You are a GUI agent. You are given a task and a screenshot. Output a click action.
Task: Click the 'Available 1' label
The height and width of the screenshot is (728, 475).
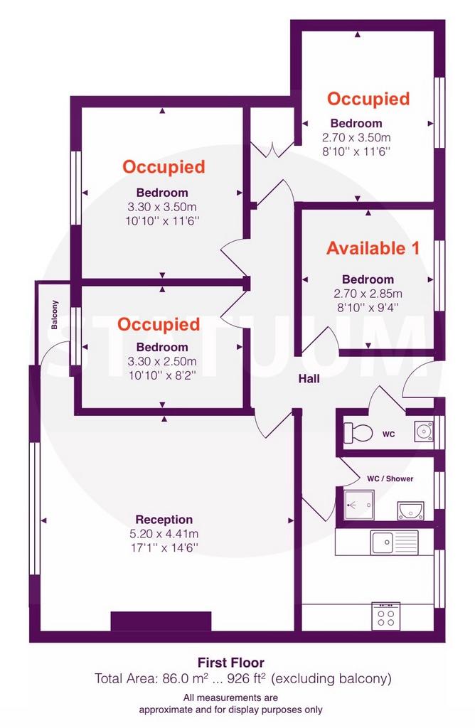click(373, 248)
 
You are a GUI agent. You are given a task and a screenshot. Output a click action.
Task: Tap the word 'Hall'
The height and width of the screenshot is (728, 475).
click(309, 379)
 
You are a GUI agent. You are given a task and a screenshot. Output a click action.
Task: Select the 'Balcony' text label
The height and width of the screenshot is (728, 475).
click(55, 315)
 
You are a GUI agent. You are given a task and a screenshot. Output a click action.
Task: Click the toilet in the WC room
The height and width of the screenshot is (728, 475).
click(358, 433)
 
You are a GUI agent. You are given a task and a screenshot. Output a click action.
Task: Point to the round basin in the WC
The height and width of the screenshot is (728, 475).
click(424, 432)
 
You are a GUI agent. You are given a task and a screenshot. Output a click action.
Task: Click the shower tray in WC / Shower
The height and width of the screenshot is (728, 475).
click(358, 505)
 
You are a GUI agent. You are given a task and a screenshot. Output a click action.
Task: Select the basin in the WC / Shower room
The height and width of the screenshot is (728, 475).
click(410, 510)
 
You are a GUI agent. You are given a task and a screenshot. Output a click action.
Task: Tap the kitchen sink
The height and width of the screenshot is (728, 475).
click(394, 542)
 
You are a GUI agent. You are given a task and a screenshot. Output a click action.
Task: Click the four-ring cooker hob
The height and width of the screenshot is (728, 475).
click(386, 616)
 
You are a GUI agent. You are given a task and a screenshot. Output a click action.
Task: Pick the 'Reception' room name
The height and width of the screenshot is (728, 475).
click(164, 520)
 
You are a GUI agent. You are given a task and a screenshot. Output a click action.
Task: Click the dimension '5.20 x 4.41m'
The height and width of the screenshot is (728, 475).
click(164, 534)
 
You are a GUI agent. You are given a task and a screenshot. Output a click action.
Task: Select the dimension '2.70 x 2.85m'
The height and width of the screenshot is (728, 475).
click(368, 294)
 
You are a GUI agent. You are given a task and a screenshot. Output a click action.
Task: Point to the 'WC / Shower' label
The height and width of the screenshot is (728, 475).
click(390, 478)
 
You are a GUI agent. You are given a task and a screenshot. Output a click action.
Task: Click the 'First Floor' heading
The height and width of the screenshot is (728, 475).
click(231, 663)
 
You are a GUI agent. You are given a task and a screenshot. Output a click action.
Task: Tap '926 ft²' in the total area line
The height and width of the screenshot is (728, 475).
click(246, 678)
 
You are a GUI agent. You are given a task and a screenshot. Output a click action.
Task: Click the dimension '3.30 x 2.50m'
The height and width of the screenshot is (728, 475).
click(162, 361)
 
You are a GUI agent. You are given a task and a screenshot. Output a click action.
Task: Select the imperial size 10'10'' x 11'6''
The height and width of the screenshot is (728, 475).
click(162, 220)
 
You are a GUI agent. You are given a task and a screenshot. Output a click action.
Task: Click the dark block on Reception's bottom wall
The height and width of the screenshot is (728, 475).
click(161, 621)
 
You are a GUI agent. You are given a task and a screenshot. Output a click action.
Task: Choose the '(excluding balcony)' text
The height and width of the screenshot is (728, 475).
click(331, 679)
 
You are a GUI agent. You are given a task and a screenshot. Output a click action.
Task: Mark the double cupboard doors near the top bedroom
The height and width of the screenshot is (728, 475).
click(272, 150)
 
